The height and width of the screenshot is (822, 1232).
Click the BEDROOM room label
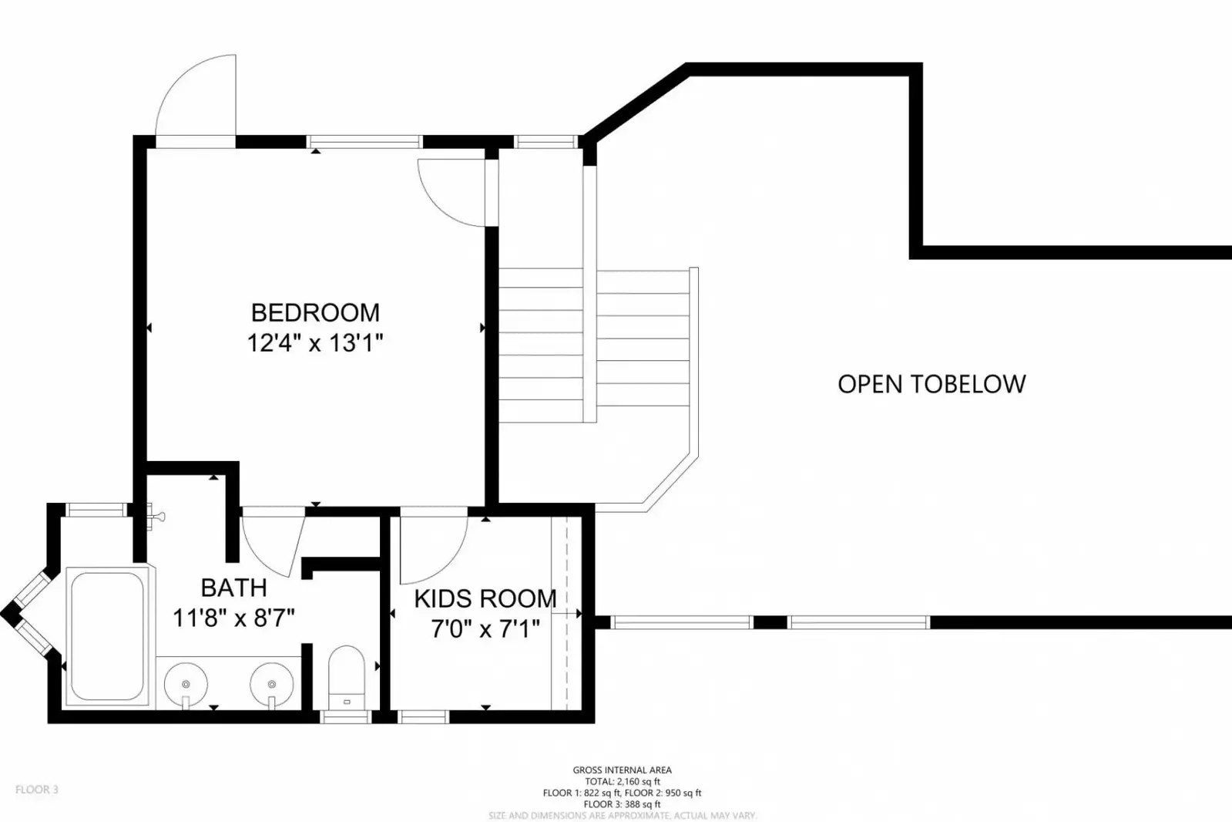click(x=315, y=312)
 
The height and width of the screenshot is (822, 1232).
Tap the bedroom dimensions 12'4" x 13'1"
click(x=315, y=343)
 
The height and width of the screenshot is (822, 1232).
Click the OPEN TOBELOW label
click(x=932, y=384)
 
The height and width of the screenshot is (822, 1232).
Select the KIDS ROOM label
click(x=485, y=598)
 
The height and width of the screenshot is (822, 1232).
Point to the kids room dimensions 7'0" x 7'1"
click(x=485, y=629)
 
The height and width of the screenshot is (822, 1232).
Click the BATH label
click(x=233, y=588)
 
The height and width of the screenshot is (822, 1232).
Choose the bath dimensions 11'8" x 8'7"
click(x=233, y=618)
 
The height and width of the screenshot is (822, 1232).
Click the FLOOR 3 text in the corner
click(x=36, y=790)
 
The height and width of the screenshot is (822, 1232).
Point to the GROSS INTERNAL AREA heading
click(x=622, y=770)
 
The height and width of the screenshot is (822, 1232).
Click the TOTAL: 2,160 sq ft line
click(x=622, y=781)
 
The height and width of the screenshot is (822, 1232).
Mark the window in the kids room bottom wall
click(x=423, y=717)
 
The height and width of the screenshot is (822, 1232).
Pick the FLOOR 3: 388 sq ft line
click(x=622, y=804)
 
